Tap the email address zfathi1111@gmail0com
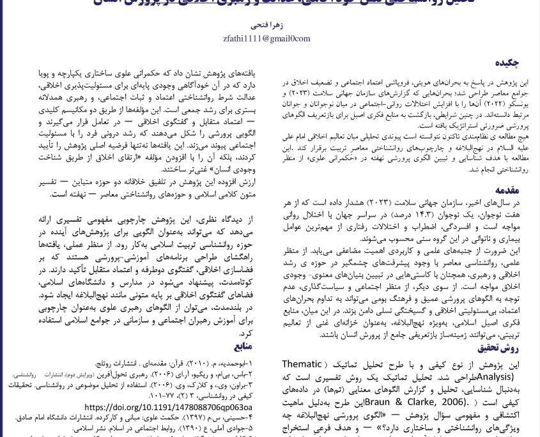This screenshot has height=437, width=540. click(270, 40)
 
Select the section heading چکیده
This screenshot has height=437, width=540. click(509, 63)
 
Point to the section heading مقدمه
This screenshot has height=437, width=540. click(509, 190)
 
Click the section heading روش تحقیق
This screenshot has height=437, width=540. click(498, 348)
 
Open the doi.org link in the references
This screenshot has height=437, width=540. click(168, 408)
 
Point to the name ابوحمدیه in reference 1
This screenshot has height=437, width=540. click(231, 363)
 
